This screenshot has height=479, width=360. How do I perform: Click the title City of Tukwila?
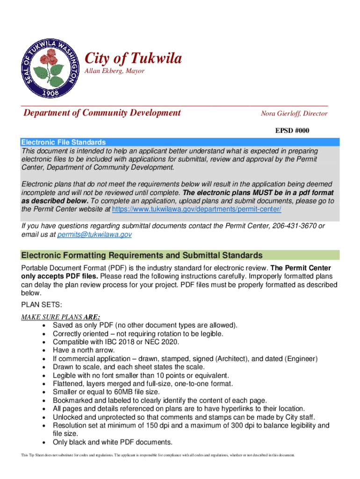tap(133, 59)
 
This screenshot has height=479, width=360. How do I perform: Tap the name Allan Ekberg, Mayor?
tap(114, 71)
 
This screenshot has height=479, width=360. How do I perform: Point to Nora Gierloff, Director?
tap(294, 114)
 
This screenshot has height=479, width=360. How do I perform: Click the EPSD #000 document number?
tap(292, 131)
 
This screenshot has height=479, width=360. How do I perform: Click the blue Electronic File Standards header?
tap(64, 142)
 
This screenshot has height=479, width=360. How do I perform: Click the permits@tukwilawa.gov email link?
tap(94, 235)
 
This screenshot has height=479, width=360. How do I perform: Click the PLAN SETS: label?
tap(42, 305)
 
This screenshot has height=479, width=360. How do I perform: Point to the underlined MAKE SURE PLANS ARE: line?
tap(61, 317)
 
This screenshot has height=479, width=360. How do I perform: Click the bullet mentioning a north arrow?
tap(84, 350)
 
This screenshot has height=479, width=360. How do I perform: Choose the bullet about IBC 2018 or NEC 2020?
tap(116, 342)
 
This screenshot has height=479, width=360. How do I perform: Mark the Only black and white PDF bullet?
tap(113, 442)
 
